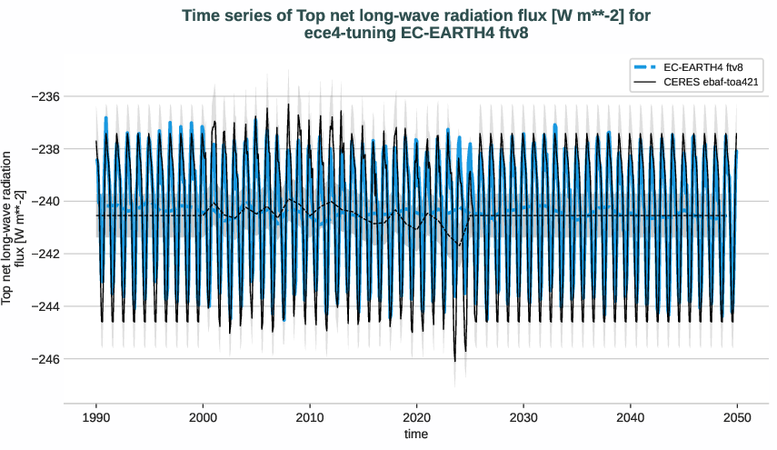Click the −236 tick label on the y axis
[x=44, y=96]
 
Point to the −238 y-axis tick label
[x=44, y=149]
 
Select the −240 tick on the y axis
[x=44, y=201]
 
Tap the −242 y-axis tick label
[x=44, y=254]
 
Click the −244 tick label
[x=44, y=306]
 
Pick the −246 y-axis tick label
[x=44, y=359]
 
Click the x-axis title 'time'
[x=415, y=435]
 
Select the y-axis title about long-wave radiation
[x=13, y=227]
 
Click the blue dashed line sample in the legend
[x=645, y=67]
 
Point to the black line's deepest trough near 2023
[x=455, y=361]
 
